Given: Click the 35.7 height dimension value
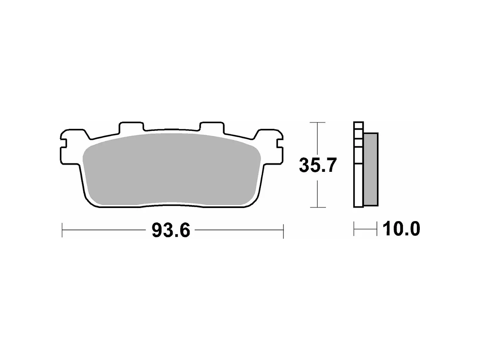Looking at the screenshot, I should point(318,165).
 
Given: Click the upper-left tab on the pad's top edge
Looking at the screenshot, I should point(131,126).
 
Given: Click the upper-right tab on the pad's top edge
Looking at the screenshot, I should point(212,126).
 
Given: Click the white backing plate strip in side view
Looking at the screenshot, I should point(358,177).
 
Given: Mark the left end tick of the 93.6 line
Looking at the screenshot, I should point(62,230).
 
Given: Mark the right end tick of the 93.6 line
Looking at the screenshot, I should point(283,230).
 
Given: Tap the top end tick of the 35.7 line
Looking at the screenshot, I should point(318,123).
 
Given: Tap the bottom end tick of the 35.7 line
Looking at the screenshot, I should point(318,207).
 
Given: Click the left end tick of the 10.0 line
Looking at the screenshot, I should point(354,230).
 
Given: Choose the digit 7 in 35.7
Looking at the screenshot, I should point(330,165).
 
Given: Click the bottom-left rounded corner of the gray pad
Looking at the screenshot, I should point(93,200).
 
